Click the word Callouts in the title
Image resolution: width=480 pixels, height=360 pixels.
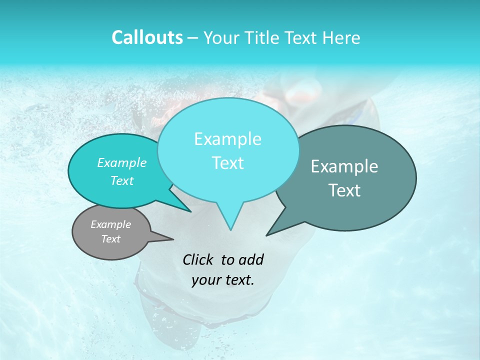click(x=147, y=38)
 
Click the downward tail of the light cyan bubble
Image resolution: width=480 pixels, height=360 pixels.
click(x=230, y=222)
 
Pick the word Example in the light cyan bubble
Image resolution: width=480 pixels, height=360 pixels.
click(x=227, y=139)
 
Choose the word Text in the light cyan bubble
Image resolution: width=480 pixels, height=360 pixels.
click(x=227, y=163)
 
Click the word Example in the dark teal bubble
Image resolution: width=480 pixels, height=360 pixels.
click(x=344, y=166)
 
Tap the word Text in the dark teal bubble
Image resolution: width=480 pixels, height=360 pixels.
click(x=344, y=190)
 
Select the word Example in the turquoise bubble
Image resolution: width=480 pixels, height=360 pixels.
click(x=122, y=162)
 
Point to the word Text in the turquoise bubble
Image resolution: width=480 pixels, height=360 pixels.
click(x=122, y=180)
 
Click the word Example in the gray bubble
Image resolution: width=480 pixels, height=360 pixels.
click(x=111, y=224)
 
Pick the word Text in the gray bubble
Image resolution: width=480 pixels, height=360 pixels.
click(x=111, y=239)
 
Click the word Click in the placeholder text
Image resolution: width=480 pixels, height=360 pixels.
click(x=200, y=259)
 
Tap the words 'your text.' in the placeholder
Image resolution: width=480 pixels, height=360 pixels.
click(x=223, y=280)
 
